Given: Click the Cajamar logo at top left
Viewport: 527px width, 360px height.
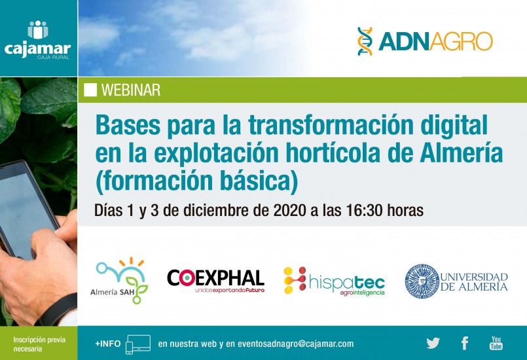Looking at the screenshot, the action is [x=38, y=40].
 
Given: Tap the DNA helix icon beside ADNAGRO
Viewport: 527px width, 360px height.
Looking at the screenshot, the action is [x=365, y=41].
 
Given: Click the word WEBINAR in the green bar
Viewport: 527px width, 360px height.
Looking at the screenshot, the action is [x=131, y=90].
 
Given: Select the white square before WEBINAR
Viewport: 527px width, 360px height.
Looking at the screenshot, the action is [x=90, y=90].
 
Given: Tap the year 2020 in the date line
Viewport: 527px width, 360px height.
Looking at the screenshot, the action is [x=290, y=210].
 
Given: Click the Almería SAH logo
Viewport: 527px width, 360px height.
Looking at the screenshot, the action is [x=119, y=280].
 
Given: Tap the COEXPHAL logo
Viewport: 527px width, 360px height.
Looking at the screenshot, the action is [x=216, y=281].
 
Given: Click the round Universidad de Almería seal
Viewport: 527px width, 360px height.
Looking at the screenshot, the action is [x=422, y=281].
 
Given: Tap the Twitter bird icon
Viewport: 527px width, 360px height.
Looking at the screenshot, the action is [x=433, y=343].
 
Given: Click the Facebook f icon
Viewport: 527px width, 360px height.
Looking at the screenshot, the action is [x=465, y=343].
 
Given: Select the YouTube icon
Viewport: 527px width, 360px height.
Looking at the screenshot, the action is [x=496, y=343].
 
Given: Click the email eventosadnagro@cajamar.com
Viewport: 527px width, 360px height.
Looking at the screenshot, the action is [x=295, y=344].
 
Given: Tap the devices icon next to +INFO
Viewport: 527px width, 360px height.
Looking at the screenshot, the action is [x=137, y=344].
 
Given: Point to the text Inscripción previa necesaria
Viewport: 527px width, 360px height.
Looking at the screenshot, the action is [x=39, y=344].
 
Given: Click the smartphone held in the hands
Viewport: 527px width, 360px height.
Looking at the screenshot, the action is [x=26, y=208].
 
